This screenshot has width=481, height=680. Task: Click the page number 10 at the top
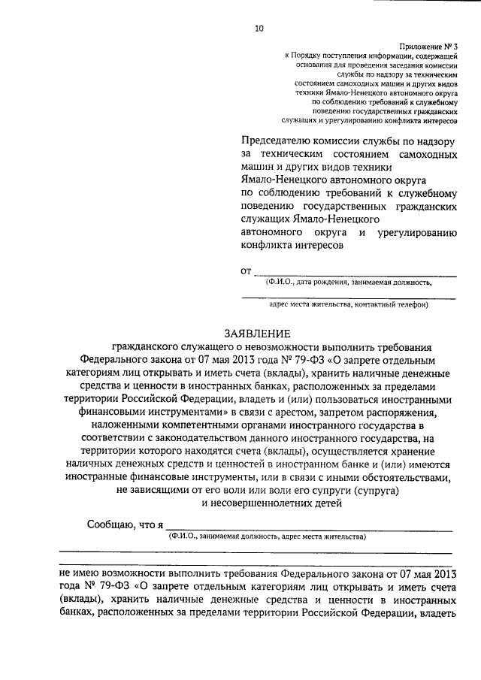[x=259, y=29]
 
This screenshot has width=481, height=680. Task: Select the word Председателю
[x=277, y=140]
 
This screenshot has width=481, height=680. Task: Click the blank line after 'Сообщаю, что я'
[x=308, y=528]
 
